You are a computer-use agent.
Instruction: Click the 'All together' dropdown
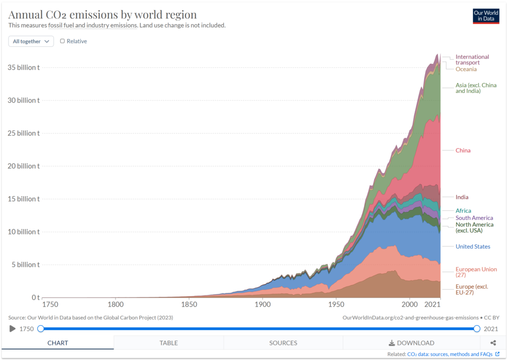coord(31,41)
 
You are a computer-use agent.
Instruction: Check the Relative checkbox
coord(63,41)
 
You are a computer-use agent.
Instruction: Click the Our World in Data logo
coord(486,16)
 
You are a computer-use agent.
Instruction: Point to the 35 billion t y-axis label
coord(23,68)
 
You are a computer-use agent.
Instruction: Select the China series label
coord(463,150)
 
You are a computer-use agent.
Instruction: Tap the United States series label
coord(472,247)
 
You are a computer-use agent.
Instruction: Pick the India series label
coord(462,197)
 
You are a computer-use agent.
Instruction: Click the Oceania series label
coord(466,70)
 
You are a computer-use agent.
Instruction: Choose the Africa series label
coord(463,211)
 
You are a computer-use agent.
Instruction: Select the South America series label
coord(474,218)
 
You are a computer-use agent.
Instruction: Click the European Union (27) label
coord(475,272)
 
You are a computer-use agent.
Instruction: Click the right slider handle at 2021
coord(477,328)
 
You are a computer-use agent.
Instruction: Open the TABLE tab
coord(169,343)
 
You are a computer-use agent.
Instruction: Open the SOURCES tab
coord(283,343)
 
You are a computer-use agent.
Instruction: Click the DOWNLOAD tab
coord(411,343)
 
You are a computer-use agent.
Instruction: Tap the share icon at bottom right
coord(493,343)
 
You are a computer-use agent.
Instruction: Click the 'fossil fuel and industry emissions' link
coord(92,25)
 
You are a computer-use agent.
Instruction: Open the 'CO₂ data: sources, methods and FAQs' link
coord(450,354)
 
